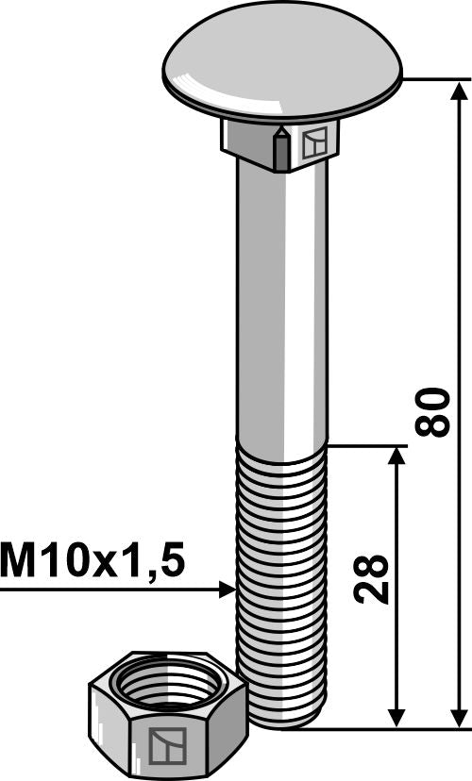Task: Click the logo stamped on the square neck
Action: coord(315,144)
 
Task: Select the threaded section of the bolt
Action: coord(281,566)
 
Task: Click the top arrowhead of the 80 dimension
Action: coord(460,91)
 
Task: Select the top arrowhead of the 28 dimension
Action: coord(397,457)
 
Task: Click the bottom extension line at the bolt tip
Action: coord(378,727)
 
